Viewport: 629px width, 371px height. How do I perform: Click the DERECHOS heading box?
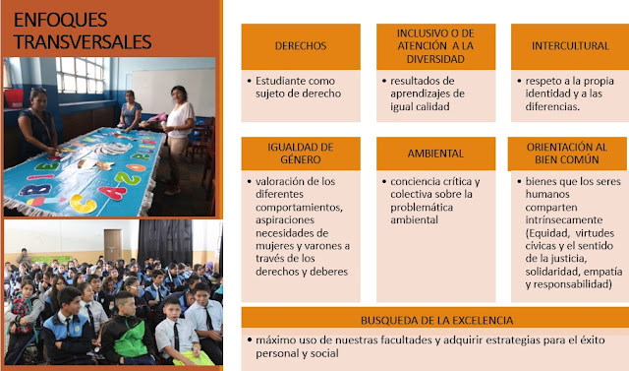(300, 46)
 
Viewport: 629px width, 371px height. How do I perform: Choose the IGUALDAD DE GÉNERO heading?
(300, 155)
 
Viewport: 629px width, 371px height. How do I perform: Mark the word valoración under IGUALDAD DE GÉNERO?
(285, 182)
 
